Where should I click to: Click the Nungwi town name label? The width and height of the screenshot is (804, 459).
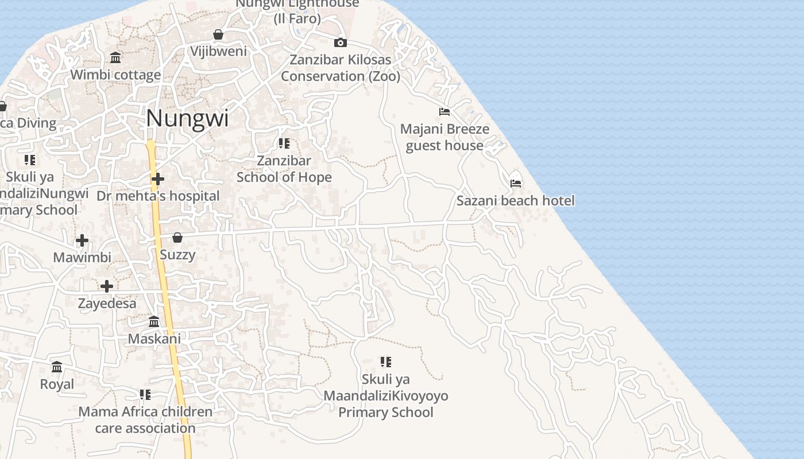tap(187, 118)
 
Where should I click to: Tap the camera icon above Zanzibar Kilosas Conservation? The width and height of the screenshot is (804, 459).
tap(341, 42)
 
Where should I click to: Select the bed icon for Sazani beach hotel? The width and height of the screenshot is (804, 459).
tap(516, 184)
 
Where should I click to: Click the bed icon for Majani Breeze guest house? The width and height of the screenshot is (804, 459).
tap(444, 111)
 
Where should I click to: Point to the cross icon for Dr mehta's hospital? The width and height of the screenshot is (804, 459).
tap(158, 180)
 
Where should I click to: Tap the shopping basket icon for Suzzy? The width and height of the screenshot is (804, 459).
tap(177, 238)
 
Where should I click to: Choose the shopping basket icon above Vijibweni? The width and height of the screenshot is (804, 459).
tap(218, 34)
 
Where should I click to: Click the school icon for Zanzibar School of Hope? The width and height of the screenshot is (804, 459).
tap(284, 143)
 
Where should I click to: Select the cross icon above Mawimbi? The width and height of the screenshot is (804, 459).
tap(82, 240)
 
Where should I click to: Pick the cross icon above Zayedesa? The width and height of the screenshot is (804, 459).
tap(107, 286)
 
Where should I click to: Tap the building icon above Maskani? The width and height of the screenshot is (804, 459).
tap(154, 322)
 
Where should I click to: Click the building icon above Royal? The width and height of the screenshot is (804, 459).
tap(57, 367)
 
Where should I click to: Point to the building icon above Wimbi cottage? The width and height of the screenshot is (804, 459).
tap(115, 57)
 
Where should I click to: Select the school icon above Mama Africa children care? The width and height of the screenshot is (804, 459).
tap(145, 395)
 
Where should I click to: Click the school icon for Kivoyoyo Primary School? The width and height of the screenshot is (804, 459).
tap(385, 361)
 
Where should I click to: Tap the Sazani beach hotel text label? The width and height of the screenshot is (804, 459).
tap(515, 200)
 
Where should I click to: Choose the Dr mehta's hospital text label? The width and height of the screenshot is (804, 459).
tap(158, 196)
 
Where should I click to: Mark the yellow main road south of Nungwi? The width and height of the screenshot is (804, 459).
tap(167, 298)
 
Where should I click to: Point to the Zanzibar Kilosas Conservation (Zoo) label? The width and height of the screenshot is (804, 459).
tap(340, 68)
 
